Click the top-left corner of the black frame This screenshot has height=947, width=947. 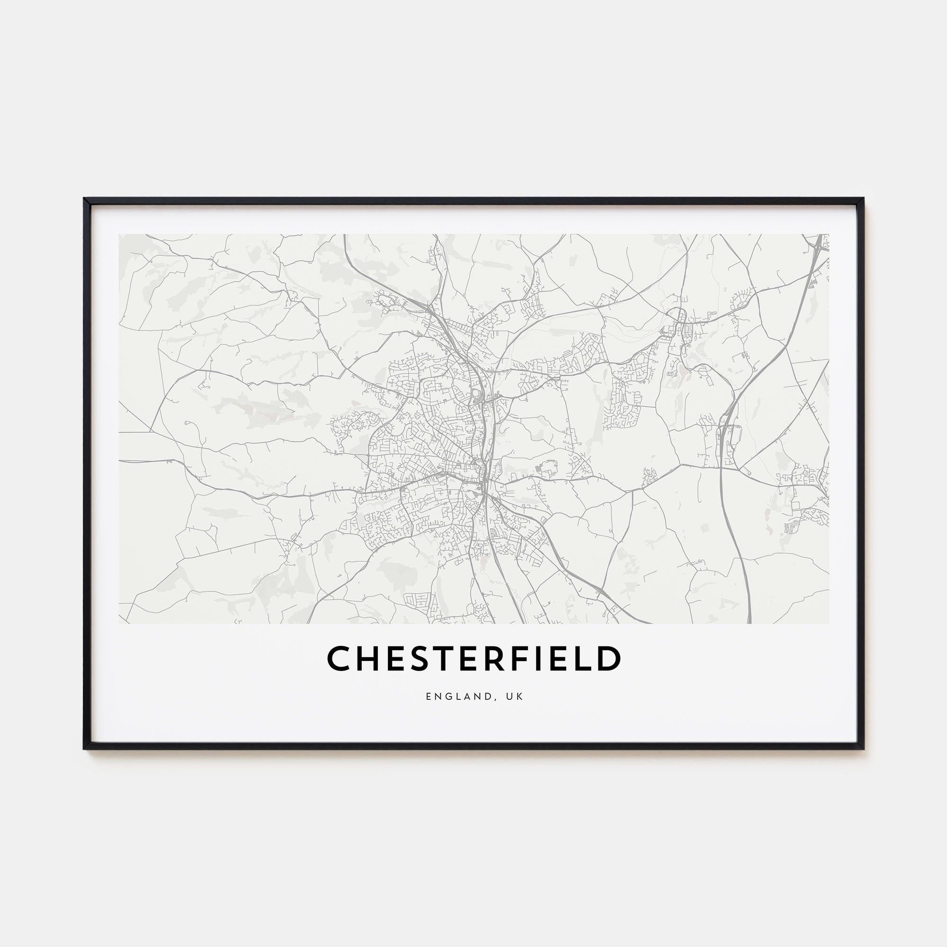(x=85, y=198)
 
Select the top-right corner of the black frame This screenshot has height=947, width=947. (x=863, y=198)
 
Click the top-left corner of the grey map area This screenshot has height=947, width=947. (x=119, y=234)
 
